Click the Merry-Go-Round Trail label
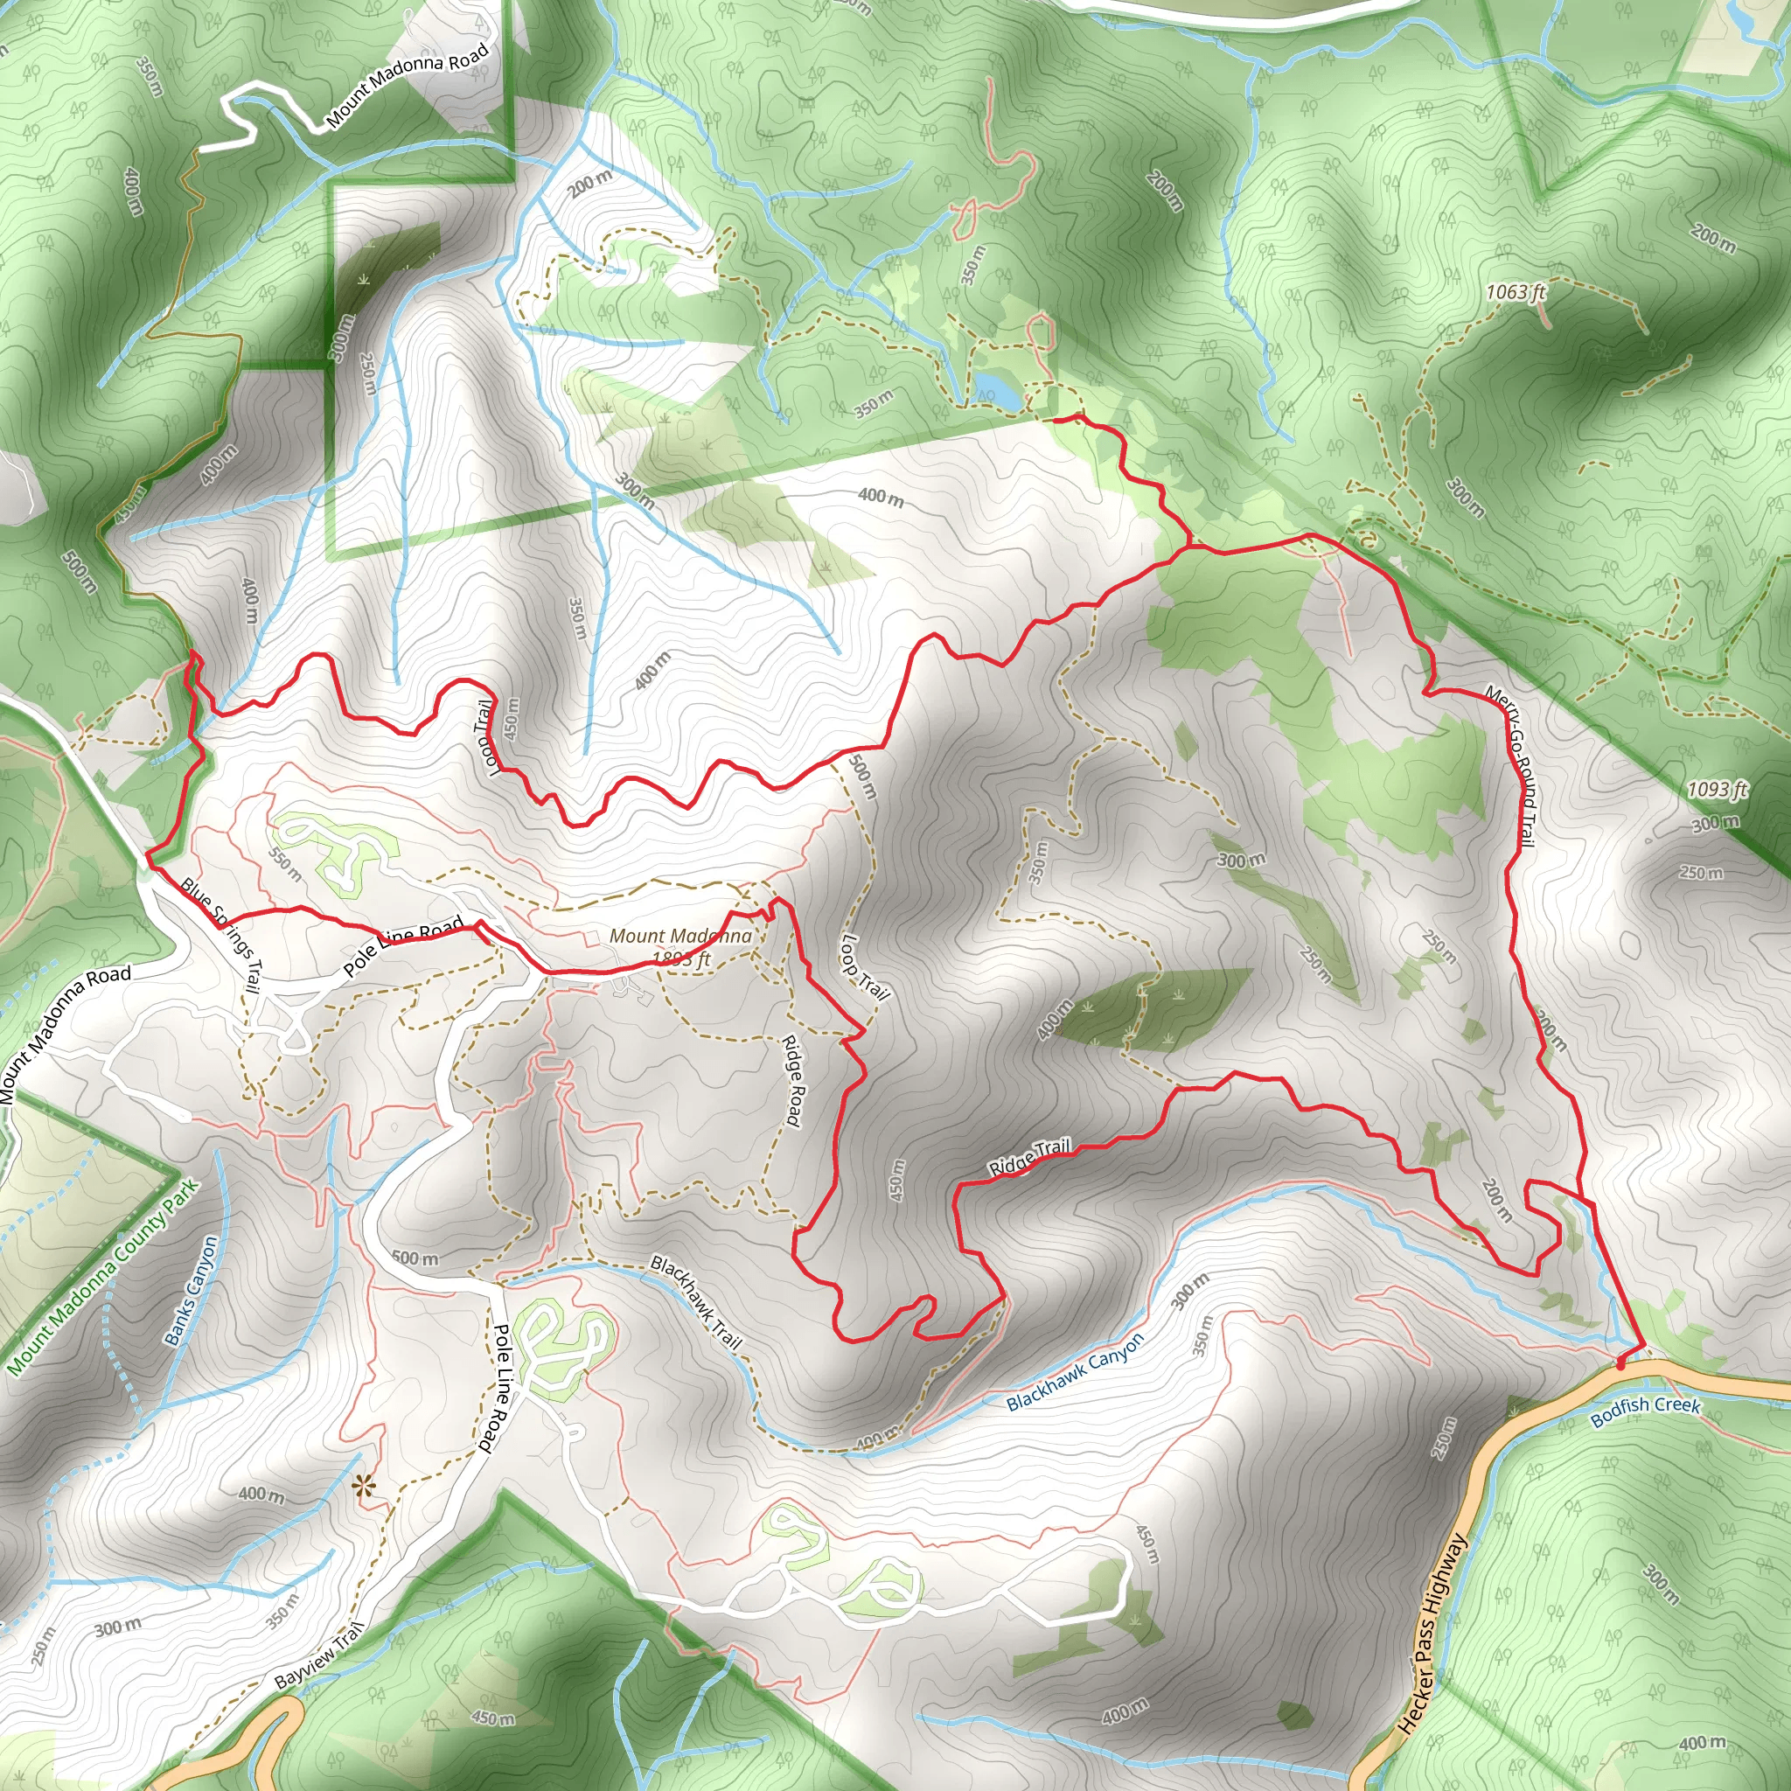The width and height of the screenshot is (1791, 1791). pos(1511,766)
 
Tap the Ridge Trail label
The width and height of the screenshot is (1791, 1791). pos(1030,1156)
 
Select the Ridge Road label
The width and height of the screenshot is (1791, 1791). pos(791,1080)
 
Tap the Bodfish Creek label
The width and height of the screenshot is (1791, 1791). pos(1646,1406)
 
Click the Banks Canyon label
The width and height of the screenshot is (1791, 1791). pos(191,1291)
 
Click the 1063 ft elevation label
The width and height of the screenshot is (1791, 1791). pos(1516,292)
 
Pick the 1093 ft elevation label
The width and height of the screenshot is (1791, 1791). pos(1716,789)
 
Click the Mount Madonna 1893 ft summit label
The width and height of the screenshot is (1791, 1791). pos(680,946)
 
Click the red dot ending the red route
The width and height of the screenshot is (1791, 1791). pos(1620,1364)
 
